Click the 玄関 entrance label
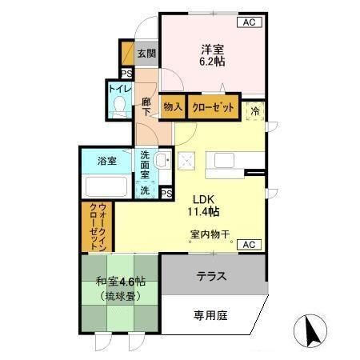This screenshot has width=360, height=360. coord(146,54)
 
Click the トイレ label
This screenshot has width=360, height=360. coord(120,88)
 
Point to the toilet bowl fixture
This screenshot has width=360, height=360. coord(120,105)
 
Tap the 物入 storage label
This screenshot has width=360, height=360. coord(173,105)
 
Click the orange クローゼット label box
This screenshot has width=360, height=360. coord(214,105)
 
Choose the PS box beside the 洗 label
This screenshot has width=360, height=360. coord(166,193)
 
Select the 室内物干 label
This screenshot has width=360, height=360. coord(210,234)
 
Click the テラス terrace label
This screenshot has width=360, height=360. coord(212,277)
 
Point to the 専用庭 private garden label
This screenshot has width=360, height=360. coord(210,315)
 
